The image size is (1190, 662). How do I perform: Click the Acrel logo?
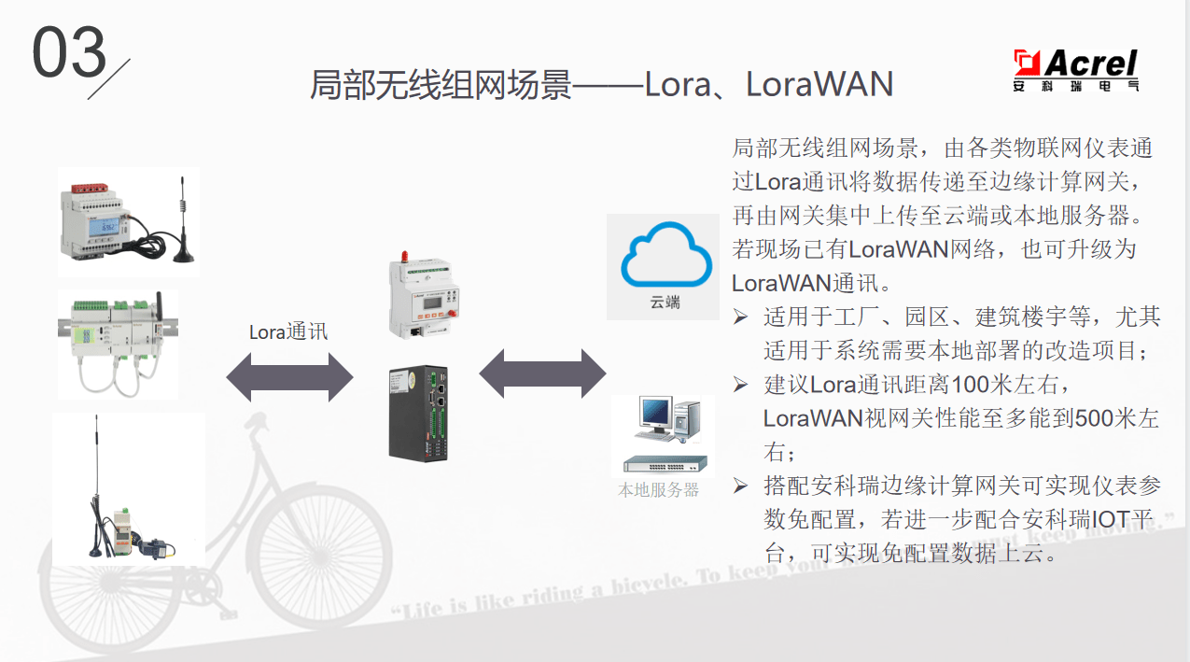coord(1076,69)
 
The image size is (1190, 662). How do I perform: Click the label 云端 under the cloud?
coord(665,303)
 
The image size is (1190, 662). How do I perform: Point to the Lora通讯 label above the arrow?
coord(288,331)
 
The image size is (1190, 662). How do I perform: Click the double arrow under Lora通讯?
coord(289,377)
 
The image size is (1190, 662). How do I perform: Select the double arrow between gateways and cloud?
coord(542,374)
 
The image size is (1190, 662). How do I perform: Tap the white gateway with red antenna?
coord(426,299)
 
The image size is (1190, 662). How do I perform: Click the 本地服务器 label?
coord(658,489)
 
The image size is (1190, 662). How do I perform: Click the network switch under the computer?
coord(665,464)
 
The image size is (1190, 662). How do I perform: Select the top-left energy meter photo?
coord(128,221)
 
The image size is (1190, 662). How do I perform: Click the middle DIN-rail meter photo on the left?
coord(117,344)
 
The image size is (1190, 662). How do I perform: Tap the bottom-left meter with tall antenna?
coord(128,489)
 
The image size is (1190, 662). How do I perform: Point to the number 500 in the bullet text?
coord(1093,417)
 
